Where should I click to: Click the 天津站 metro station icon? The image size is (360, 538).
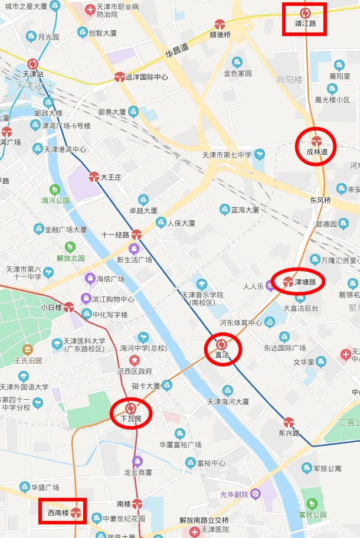coord(33,64)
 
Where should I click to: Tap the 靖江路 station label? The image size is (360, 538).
coord(305,24)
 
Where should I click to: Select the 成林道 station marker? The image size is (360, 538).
coord(316,141)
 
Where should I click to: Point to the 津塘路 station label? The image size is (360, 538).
coord(309,282)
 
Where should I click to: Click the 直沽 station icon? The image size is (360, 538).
coord(221,344)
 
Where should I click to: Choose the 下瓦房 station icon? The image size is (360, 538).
coord(131,408)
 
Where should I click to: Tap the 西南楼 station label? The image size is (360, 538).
coord(58,512)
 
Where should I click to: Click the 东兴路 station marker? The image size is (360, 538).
coord(289,422)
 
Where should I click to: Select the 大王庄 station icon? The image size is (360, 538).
coord(94,176)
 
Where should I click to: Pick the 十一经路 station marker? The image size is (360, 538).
coord(136,234)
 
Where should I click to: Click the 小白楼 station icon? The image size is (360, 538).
coord(69,307)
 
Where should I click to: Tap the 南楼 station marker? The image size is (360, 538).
coord(137,504)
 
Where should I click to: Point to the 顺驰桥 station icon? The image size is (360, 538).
coord(220,24)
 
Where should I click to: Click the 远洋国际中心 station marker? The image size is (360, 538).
coord(120,77)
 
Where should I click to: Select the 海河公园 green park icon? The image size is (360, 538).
coord(55,190)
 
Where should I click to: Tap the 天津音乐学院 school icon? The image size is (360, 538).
coord(202,284)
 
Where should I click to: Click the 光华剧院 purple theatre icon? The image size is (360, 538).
coord(255,494)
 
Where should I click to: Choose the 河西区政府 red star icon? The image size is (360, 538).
coord(135,360)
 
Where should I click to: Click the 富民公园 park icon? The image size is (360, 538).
coord(312,504)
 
